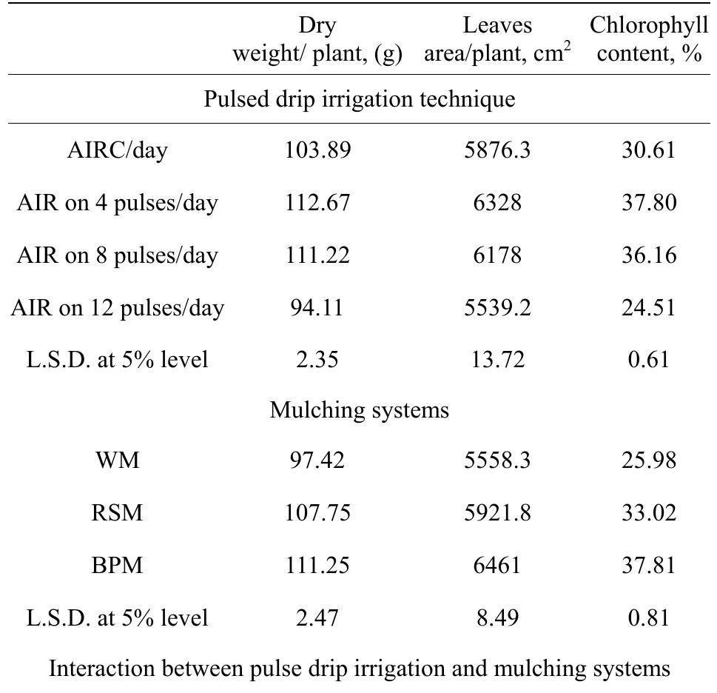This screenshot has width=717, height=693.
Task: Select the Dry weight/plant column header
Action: (x=317, y=39)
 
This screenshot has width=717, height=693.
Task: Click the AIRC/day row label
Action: (x=118, y=150)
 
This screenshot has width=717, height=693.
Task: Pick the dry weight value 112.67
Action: (x=317, y=202)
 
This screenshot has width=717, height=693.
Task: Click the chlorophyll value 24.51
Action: (x=648, y=307)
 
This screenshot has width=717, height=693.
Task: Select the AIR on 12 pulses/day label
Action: (x=118, y=307)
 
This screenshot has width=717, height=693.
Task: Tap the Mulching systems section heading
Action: (x=359, y=409)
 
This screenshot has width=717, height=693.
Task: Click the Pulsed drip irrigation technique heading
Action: (x=359, y=99)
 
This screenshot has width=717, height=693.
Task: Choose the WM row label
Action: (x=118, y=461)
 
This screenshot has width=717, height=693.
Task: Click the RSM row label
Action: (x=118, y=513)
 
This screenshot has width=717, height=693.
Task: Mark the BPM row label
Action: (x=118, y=566)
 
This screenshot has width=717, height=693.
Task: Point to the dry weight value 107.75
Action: (x=317, y=513)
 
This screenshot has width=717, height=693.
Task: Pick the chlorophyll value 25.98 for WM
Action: (x=648, y=461)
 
